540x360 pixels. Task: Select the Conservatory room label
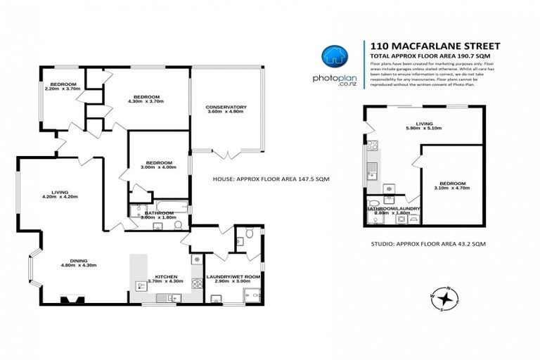226,109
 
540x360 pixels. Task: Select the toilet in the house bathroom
178,224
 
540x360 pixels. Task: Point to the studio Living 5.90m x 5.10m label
425,127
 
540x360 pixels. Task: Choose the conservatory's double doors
226,153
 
